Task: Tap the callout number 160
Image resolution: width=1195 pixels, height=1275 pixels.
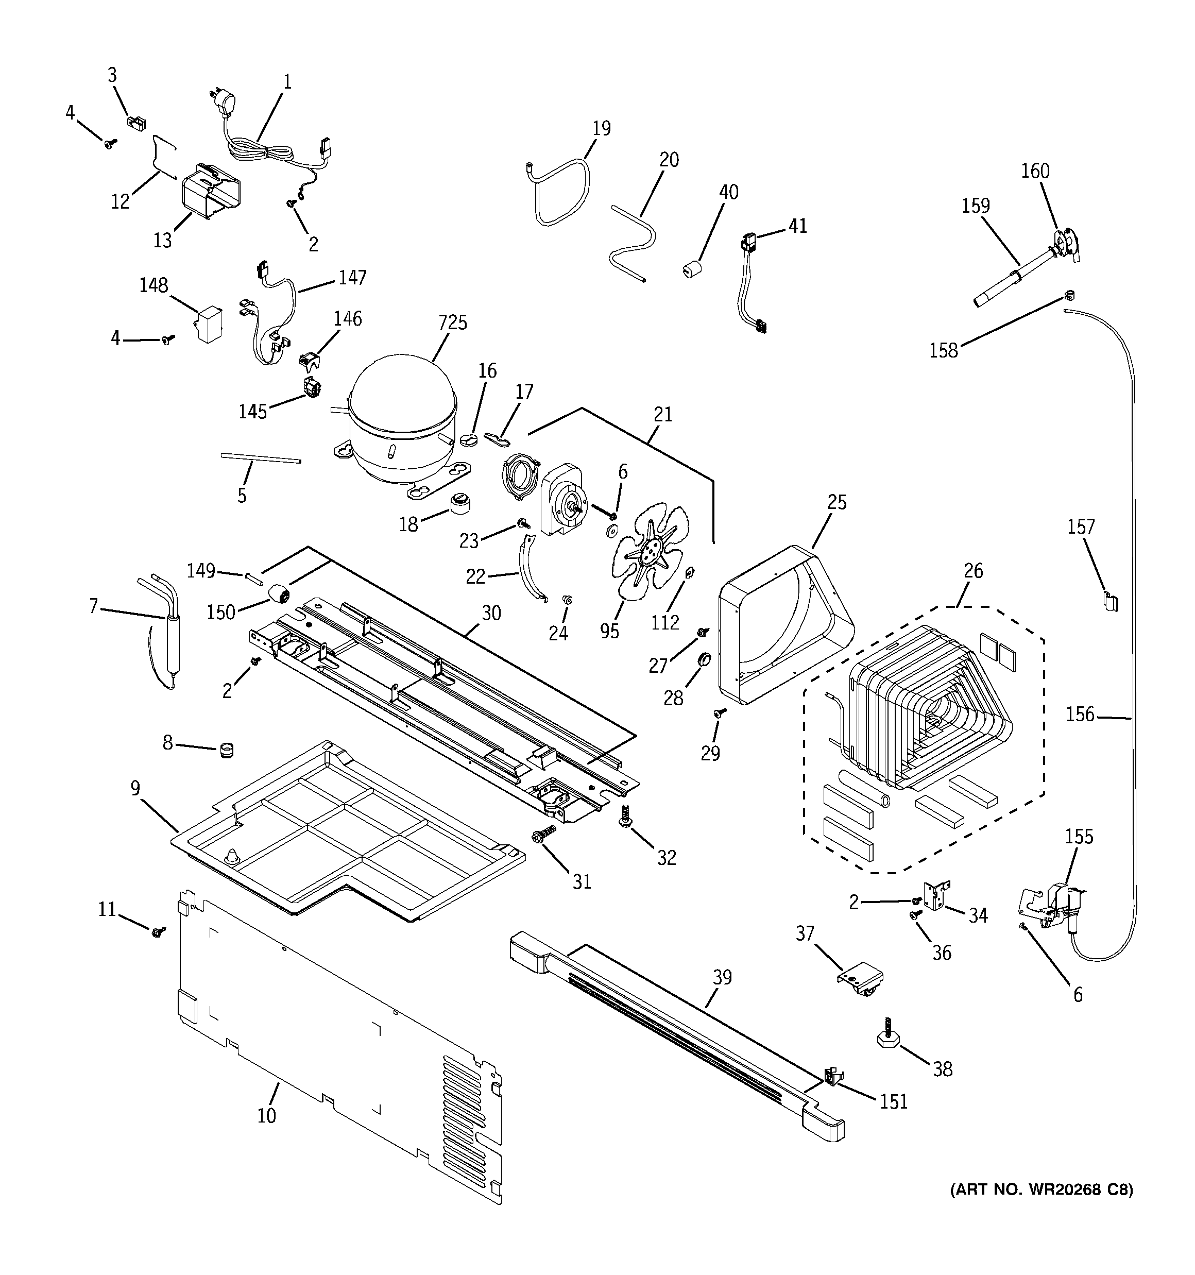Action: [1035, 171]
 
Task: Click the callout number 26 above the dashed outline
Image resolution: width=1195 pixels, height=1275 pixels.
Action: [973, 571]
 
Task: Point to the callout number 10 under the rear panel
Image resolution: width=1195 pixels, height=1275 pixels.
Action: [267, 1116]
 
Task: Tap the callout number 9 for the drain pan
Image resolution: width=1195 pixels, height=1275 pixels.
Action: [135, 788]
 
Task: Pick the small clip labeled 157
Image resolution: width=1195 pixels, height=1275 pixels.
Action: [1109, 601]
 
